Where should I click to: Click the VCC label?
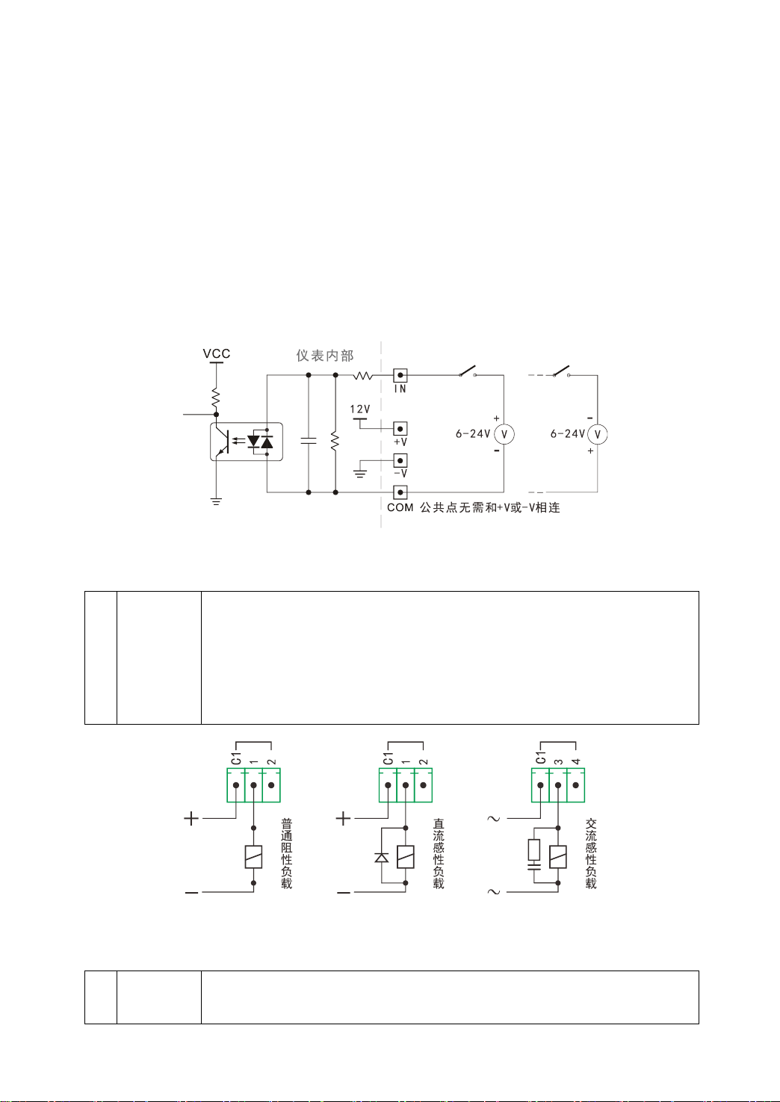tap(217, 353)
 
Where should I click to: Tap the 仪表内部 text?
tap(325, 356)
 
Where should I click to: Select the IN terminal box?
tap(400, 375)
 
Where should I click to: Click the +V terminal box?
tap(400, 429)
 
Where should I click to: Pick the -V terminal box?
tap(400, 460)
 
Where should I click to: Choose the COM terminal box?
tap(400, 492)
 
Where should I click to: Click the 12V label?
tap(359, 409)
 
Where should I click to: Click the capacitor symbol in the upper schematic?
tap(309, 440)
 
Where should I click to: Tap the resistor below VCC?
tap(216, 397)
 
